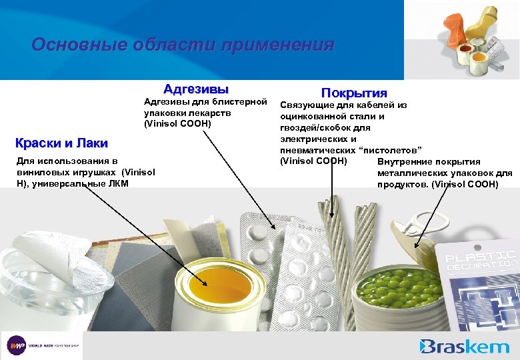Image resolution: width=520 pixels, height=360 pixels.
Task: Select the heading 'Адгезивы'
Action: coord(196,89)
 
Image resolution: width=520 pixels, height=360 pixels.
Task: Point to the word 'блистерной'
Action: coord(241,103)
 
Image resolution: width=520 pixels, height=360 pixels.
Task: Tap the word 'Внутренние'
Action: coord(405,161)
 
